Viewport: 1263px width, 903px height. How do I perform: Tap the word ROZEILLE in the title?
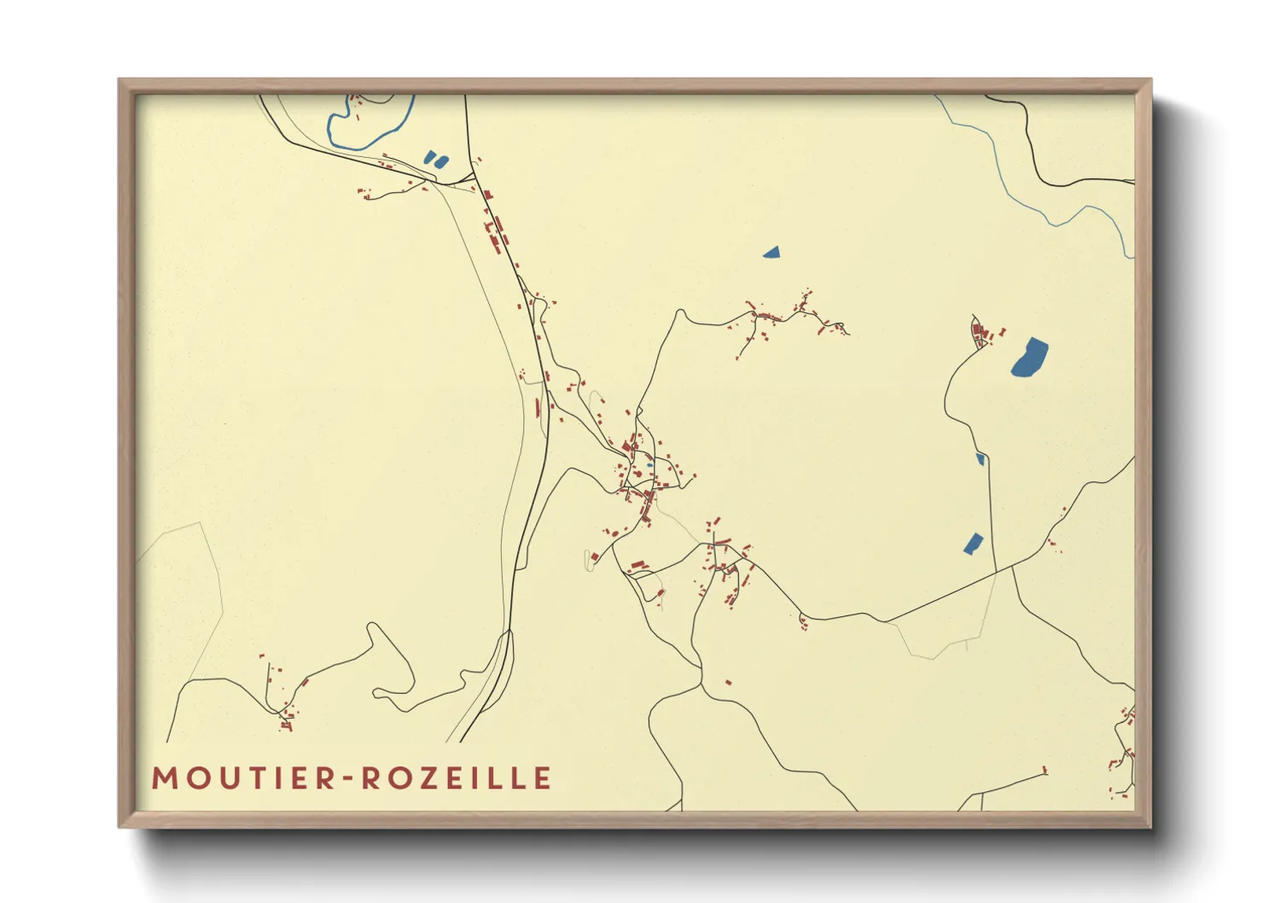tap(457, 778)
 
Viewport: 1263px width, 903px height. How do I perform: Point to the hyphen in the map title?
tap(350, 779)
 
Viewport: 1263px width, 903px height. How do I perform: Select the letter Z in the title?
tap(429, 778)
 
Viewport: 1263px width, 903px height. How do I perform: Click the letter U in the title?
tap(230, 778)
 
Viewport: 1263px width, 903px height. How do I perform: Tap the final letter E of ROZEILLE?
tap(544, 778)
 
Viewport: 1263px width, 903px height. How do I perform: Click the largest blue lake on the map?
tap(1029, 357)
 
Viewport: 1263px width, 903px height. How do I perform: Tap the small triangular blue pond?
tap(771, 252)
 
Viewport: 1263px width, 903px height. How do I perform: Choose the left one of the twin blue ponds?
tap(430, 158)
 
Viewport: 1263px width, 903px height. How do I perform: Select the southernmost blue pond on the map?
tap(973, 544)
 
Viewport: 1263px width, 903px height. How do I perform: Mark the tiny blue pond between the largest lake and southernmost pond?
tap(981, 459)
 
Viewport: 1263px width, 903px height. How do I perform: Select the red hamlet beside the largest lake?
tap(983, 333)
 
